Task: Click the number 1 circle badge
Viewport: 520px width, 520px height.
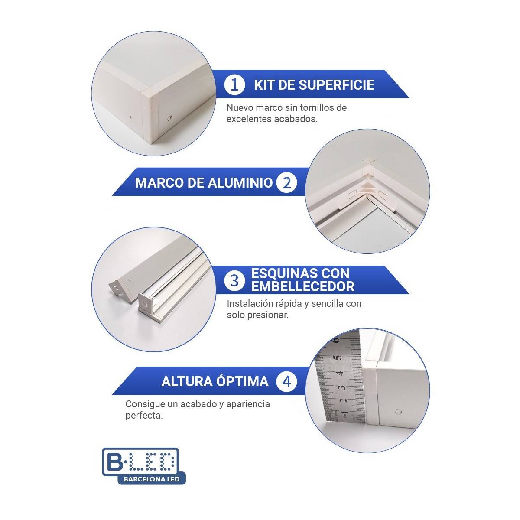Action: click(x=234, y=84)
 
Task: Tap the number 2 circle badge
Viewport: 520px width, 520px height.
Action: click(x=286, y=182)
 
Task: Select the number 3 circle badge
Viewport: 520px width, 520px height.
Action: click(x=234, y=280)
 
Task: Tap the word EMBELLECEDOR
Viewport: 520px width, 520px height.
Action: click(x=303, y=286)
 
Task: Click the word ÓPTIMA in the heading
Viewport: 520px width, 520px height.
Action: click(x=242, y=382)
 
